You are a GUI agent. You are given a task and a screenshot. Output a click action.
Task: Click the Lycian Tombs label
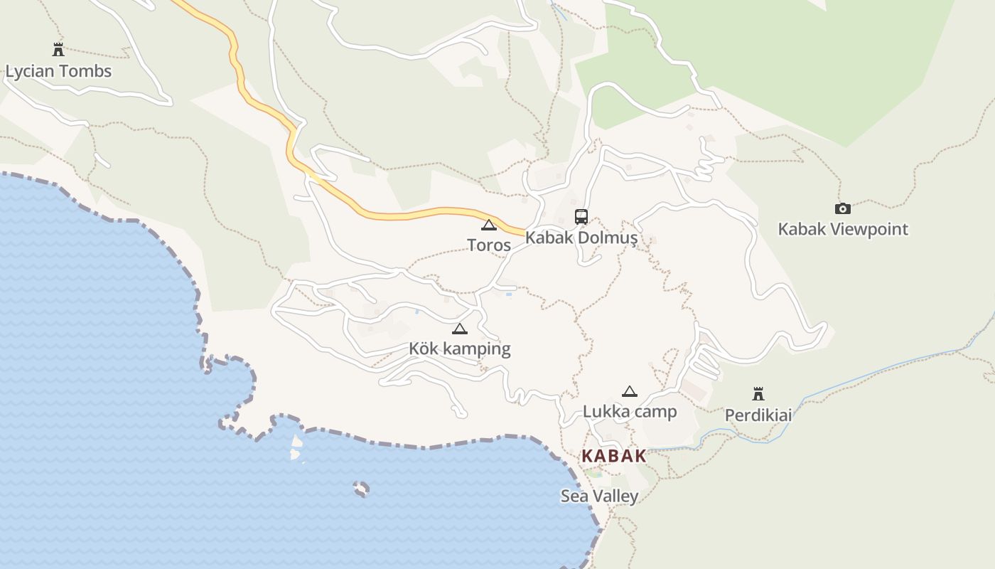point(58,71)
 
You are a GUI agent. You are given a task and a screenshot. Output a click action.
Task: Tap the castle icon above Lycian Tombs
point(58,49)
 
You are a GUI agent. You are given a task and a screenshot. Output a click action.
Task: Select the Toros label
point(489,245)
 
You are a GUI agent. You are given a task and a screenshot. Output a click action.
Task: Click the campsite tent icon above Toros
point(488,225)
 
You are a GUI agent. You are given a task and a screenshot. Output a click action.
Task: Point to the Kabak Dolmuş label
point(581,238)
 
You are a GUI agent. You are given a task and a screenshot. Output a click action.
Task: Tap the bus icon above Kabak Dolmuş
point(581,217)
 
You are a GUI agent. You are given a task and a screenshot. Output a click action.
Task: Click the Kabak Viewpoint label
point(843,229)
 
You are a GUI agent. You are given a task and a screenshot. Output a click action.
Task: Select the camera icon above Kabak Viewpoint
point(842,208)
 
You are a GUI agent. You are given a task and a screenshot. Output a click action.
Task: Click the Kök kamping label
point(460,349)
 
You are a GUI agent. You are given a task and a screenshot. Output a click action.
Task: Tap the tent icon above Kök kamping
point(460,329)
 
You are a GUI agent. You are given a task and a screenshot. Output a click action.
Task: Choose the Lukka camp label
point(630,411)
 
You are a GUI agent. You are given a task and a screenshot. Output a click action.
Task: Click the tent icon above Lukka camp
point(630,391)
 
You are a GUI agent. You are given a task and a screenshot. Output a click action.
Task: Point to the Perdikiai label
point(758,415)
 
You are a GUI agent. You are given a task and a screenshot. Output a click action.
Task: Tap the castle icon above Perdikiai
point(758,394)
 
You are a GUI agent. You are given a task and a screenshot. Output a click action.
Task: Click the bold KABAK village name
point(614,456)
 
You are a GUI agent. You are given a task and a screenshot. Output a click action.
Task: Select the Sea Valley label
point(600,496)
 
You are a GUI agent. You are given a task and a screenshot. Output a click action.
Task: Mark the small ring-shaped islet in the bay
point(361,489)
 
